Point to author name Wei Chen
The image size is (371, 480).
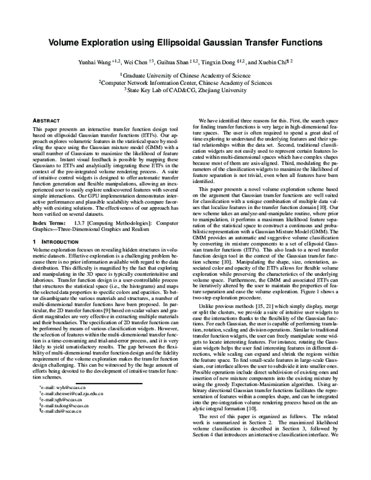click(139, 62)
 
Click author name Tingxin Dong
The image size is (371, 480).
click(228, 62)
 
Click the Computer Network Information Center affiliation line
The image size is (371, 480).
click(185, 82)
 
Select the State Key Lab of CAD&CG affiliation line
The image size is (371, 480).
click(185, 89)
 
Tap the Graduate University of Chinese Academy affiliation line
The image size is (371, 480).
click(185, 74)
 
